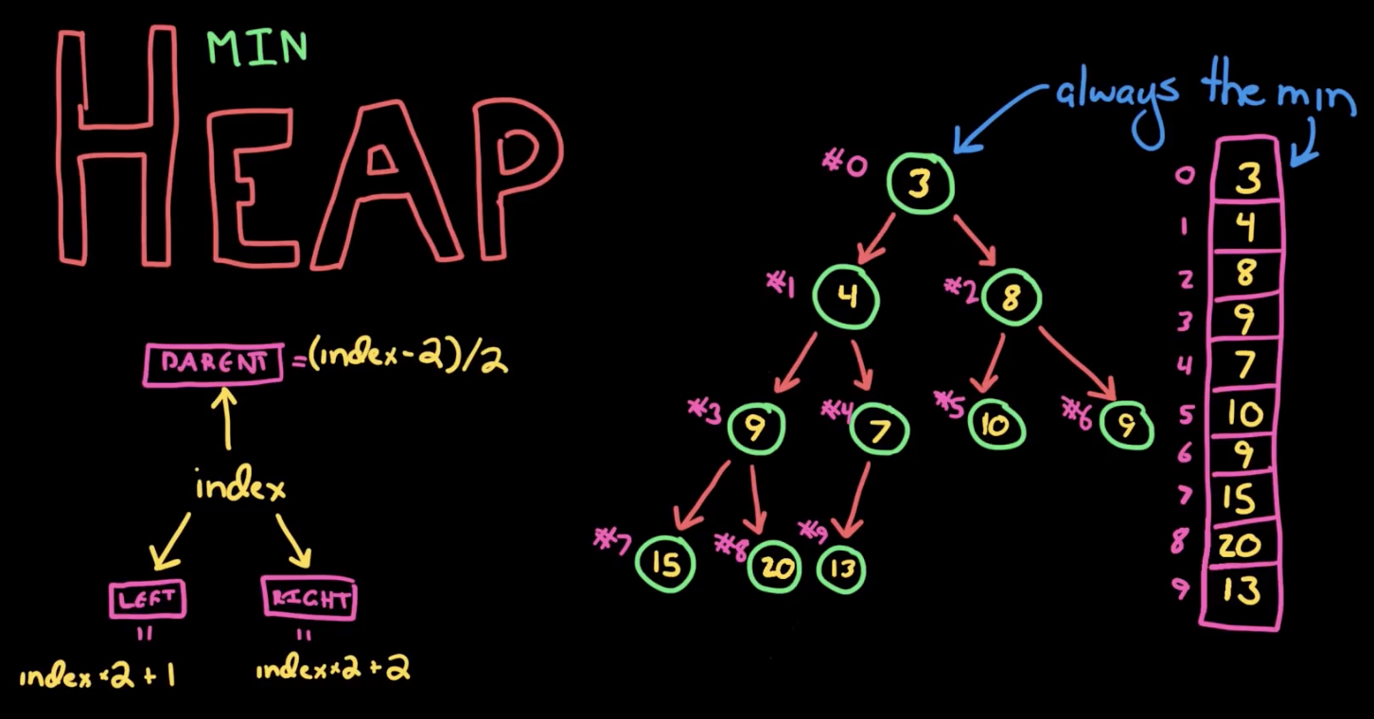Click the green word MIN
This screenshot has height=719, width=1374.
257,48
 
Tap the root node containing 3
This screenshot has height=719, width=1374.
920,184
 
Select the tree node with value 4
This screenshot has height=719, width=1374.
846,297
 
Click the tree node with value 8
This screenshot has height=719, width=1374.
1010,297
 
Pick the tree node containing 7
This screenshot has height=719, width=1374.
879,431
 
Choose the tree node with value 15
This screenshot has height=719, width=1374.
665,564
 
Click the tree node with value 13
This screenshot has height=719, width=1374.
840,569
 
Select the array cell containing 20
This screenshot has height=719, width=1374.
1246,544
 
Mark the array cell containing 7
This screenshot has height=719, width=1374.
1246,363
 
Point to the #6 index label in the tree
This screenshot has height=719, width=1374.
1076,412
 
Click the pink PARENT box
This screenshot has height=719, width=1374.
213,364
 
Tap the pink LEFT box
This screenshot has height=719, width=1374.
147,599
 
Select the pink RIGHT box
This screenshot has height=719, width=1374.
308,599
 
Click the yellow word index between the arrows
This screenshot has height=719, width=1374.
240,487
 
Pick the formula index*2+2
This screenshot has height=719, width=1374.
332,670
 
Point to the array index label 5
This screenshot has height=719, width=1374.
1185,413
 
